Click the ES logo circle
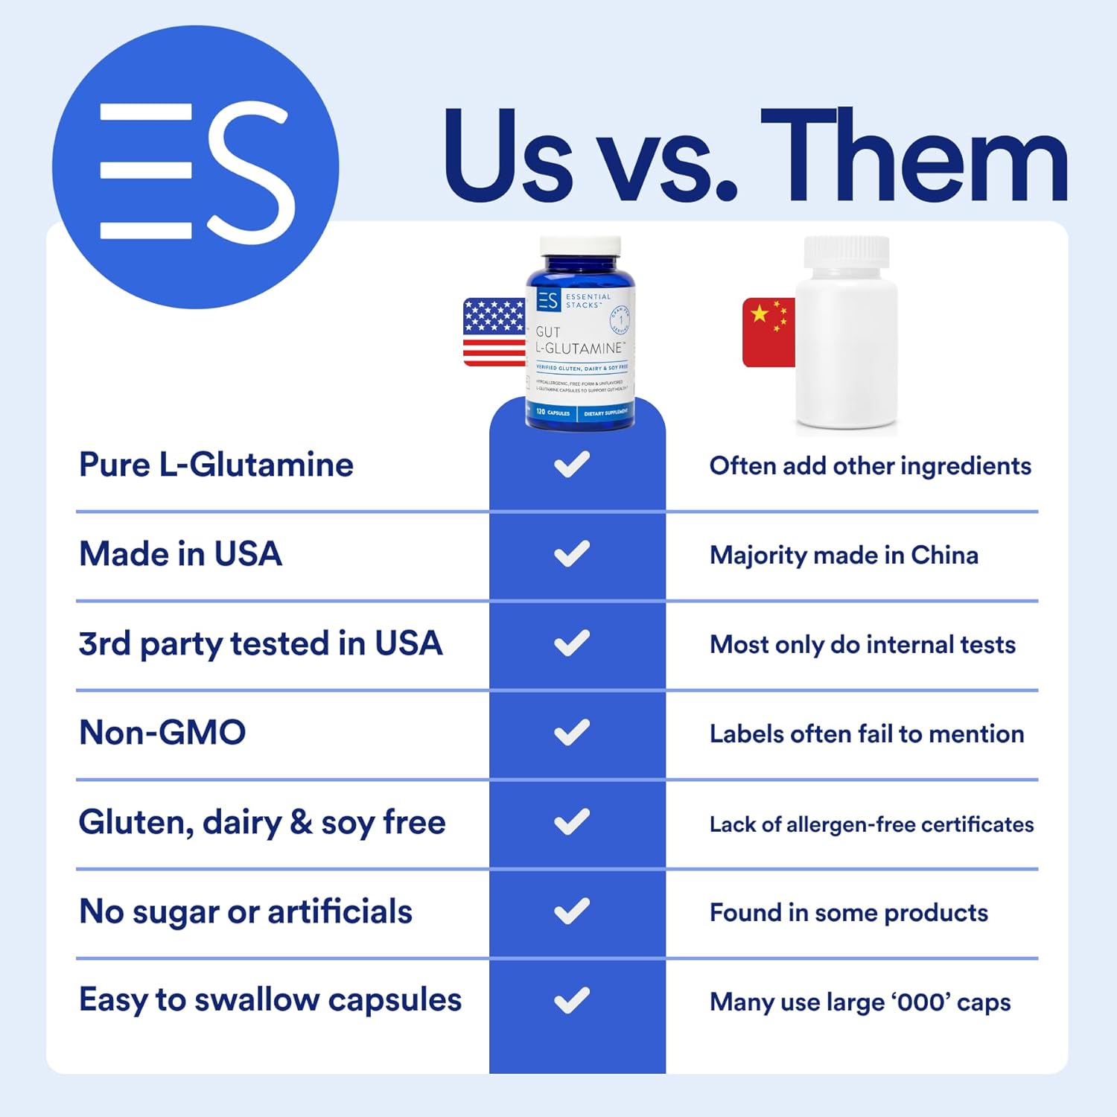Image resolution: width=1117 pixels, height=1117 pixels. pos(195,167)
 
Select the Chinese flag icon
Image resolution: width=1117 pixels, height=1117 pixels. pos(768,332)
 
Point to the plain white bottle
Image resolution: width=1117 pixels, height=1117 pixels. pos(847,335)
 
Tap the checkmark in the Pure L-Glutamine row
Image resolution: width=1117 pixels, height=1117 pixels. pos(572,465)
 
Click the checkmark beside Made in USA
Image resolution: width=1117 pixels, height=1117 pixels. pos(572,554)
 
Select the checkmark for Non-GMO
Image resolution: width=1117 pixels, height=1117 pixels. pos(572,733)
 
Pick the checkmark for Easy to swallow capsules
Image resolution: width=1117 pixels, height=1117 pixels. pos(572,1001)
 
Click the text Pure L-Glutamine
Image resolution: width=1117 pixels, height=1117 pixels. pos(216,465)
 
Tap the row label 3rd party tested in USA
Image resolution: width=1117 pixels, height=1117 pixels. pos(261,644)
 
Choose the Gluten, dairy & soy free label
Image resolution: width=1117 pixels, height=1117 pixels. pos(262,823)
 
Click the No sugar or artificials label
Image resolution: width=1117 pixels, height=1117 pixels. pos(246,912)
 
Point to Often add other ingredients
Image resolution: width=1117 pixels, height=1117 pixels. pos(870,466)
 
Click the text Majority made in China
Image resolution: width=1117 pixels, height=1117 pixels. pos(844,556)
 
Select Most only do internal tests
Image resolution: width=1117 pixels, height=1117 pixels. pos(862,645)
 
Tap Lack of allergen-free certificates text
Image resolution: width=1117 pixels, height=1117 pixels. pos(871,824)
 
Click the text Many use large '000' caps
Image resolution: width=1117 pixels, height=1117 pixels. pos(860,1002)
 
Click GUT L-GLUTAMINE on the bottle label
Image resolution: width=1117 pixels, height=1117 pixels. pos(579,340)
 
